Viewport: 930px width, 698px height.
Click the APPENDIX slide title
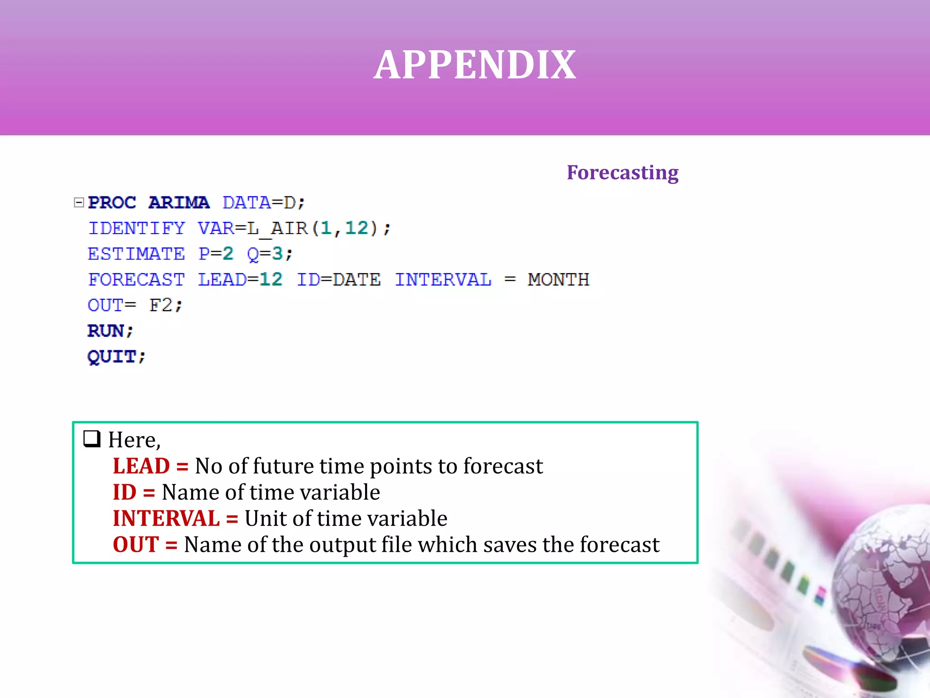[475, 65]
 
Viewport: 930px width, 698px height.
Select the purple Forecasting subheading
[622, 173]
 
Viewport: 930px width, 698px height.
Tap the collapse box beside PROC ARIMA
[79, 202]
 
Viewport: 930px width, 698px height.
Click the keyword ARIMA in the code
[179, 203]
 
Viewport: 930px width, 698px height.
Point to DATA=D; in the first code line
[263, 203]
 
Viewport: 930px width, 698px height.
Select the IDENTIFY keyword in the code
[137, 228]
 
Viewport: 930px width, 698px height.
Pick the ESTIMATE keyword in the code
[136, 254]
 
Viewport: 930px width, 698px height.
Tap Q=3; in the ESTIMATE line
[270, 254]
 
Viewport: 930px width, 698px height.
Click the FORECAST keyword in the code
[136, 279]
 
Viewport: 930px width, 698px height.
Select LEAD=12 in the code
[240, 279]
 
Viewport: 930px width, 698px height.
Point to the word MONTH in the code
[558, 279]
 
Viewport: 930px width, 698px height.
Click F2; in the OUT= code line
[166, 305]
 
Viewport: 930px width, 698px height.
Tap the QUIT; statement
[116, 357]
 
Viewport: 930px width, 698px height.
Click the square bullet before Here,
[92, 439]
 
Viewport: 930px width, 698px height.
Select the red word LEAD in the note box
[141, 466]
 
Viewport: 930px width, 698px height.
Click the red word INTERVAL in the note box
[166, 519]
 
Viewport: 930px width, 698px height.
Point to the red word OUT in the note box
[136, 545]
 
